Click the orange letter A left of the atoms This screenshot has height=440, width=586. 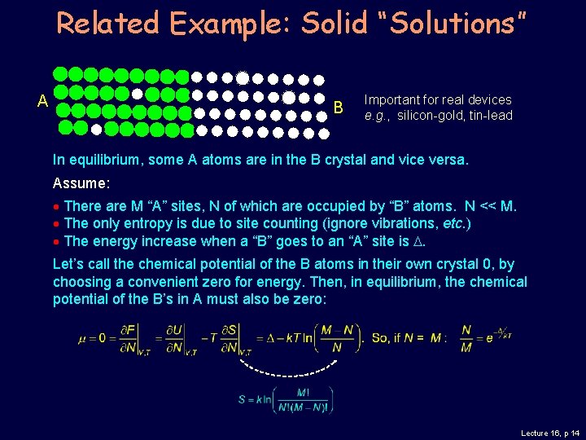pyautogui.click(x=42, y=102)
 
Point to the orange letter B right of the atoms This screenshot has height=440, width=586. pyautogui.click(x=339, y=107)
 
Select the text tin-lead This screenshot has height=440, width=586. pyautogui.click(x=491, y=116)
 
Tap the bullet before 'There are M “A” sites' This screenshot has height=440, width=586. pyautogui.click(x=56, y=206)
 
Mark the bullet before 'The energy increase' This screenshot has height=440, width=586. pyautogui.click(x=56, y=241)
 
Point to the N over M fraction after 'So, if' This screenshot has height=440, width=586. pyautogui.click(x=466, y=337)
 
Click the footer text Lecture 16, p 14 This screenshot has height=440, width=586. pyautogui.click(x=549, y=433)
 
